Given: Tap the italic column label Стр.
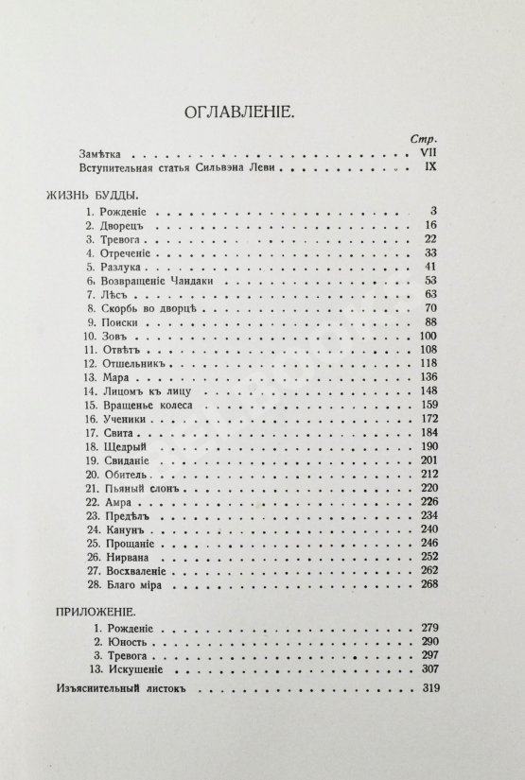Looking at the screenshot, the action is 419,138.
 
